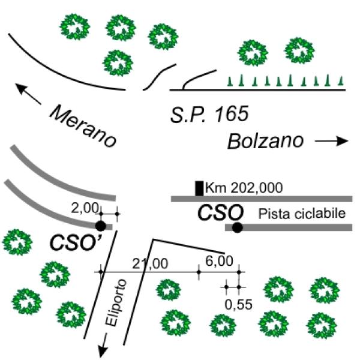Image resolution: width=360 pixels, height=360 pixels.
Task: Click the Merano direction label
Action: click(x=83, y=126)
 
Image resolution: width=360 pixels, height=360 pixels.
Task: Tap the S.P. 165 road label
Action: click(x=209, y=114)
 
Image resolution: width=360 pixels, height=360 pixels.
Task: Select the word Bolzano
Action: click(x=265, y=141)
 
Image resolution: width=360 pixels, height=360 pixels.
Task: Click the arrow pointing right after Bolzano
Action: click(x=332, y=141)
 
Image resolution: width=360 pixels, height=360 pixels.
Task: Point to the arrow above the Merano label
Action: click(x=28, y=94)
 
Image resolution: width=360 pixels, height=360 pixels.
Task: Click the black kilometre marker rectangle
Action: click(x=199, y=188)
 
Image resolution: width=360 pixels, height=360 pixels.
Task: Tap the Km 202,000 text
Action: click(x=244, y=188)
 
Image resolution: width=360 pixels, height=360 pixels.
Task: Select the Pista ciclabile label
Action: click(x=302, y=214)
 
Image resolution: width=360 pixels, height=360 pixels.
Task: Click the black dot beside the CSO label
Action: click(x=238, y=227)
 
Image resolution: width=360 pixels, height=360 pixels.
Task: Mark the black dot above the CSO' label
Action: click(x=101, y=226)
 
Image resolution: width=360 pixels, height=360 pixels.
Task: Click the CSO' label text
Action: click(x=76, y=242)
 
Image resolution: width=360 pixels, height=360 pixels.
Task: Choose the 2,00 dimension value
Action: click(x=85, y=208)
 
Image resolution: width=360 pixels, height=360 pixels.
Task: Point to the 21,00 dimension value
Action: click(x=150, y=263)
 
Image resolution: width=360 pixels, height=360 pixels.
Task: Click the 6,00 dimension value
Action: click(x=219, y=261)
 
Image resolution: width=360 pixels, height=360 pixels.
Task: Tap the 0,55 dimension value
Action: click(x=239, y=305)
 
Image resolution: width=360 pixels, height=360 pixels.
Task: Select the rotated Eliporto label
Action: click(x=116, y=302)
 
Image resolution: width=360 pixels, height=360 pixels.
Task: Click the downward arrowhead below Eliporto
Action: click(x=103, y=351)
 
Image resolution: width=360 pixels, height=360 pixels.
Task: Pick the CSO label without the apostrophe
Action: click(x=220, y=213)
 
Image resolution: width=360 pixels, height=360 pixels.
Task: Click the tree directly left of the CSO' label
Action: click(x=17, y=242)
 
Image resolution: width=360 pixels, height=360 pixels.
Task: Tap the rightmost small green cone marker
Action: click(x=341, y=81)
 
